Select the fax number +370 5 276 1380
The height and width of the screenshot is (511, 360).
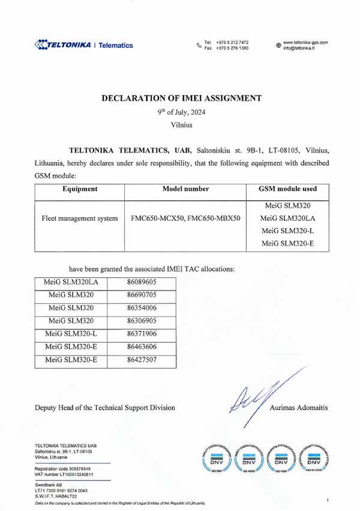(232, 48)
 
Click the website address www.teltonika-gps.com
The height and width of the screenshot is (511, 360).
(305, 42)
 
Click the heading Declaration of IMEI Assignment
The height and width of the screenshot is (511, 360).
(181, 97)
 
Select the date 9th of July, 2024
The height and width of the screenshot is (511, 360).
(181, 112)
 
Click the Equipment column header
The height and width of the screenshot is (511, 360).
(80, 189)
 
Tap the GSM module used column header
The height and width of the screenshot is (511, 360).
(287, 189)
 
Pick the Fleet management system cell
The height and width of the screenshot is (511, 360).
(80, 219)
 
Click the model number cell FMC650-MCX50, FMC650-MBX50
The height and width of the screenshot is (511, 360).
(185, 219)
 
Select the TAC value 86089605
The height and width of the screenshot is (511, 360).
(142, 281)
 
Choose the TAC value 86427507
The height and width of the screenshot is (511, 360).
(142, 360)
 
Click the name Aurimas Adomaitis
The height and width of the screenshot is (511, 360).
(298, 408)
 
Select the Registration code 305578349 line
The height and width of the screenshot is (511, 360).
(63, 468)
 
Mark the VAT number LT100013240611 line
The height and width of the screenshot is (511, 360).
(64, 474)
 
